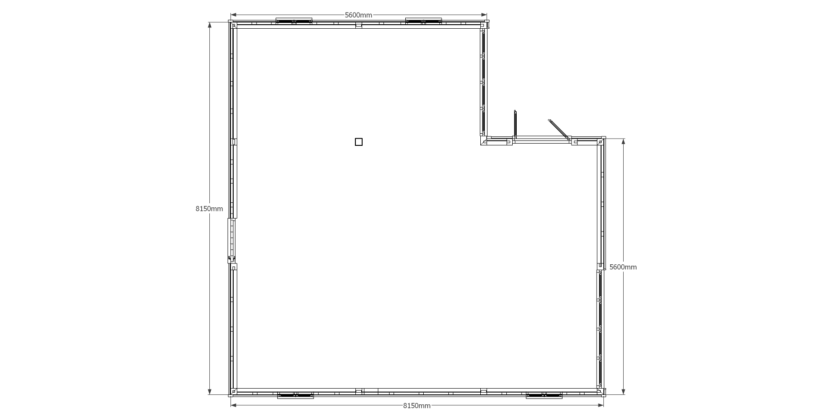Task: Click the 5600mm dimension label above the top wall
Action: [358, 15]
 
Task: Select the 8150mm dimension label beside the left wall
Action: [209, 209]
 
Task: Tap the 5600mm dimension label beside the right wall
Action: [623, 267]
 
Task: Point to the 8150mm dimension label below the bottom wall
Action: [416, 406]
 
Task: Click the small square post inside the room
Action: [359, 142]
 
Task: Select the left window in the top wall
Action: [294, 21]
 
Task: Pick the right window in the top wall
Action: [423, 21]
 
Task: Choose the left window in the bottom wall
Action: [296, 395]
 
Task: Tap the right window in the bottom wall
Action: [544, 395]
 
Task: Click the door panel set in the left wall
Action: [231, 240]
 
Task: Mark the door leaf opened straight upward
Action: [516, 124]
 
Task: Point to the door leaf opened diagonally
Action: [558, 129]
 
